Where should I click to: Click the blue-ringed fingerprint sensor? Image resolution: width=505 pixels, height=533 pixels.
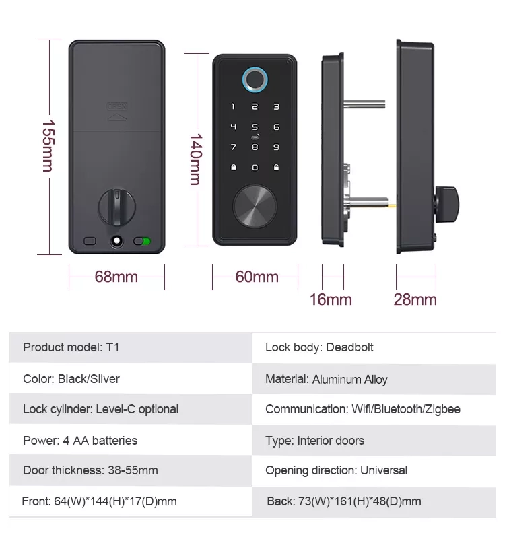pyautogui.click(x=255, y=79)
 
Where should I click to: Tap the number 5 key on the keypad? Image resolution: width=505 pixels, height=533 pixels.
pyautogui.click(x=255, y=127)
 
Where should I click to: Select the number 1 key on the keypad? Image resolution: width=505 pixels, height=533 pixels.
pyautogui.click(x=233, y=107)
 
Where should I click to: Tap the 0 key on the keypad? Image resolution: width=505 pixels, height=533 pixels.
pyautogui.click(x=255, y=168)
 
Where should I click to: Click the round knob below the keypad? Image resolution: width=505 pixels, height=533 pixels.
pyautogui.click(x=255, y=206)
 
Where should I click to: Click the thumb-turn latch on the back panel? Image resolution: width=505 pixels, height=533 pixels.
pyautogui.click(x=116, y=207)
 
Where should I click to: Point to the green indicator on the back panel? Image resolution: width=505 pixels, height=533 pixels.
pyautogui.click(x=146, y=241)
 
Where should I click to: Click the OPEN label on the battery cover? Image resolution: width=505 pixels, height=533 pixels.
pyautogui.click(x=117, y=106)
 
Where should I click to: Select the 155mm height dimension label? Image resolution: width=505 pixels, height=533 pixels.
pyautogui.click(x=48, y=146)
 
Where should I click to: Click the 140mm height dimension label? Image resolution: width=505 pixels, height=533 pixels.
pyautogui.click(x=196, y=159)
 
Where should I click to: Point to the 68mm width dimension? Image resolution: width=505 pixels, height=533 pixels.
pyautogui.click(x=116, y=277)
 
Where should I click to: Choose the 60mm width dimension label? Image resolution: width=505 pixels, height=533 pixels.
pyautogui.click(x=257, y=277)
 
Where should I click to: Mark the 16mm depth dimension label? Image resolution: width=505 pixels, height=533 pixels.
pyautogui.click(x=331, y=299)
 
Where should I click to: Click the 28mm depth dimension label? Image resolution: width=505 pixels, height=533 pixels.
pyautogui.click(x=415, y=299)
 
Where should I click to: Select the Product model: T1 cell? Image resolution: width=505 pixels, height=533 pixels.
pyautogui.click(x=131, y=347)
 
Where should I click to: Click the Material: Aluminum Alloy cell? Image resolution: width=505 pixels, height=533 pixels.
pyautogui.click(x=374, y=379)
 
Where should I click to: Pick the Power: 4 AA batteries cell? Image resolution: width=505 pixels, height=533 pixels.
pyautogui.click(x=131, y=440)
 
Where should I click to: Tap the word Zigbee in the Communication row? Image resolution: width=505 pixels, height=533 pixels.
pyautogui.click(x=444, y=409)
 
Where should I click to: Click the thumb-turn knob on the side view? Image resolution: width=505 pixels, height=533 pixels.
pyautogui.click(x=447, y=205)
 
